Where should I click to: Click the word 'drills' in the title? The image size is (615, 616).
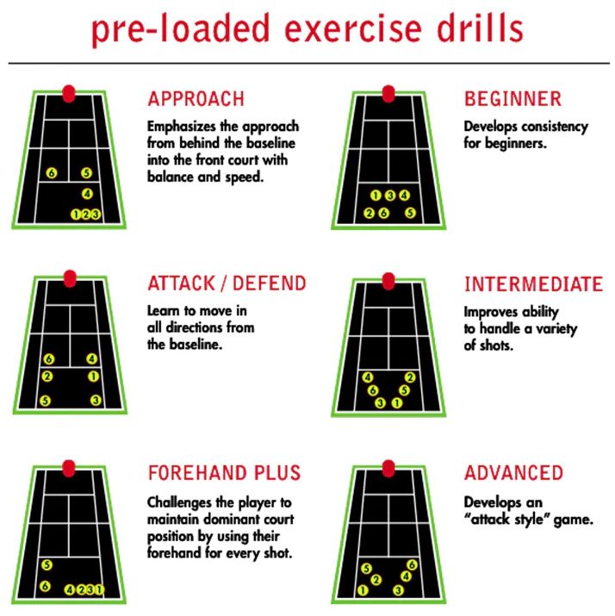[480, 28]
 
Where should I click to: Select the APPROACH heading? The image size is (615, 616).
[196, 98]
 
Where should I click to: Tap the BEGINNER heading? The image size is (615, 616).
[512, 98]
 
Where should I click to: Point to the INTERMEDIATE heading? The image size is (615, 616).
[533, 284]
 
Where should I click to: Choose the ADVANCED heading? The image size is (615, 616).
[513, 473]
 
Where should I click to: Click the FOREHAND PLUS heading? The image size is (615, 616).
[224, 473]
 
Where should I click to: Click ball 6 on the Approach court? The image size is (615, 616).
[52, 173]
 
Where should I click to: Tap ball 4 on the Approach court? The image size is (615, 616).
[87, 194]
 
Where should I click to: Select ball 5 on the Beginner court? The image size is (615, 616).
[410, 213]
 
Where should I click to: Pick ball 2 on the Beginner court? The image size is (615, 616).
[369, 213]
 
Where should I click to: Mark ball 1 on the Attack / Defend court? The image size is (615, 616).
[93, 376]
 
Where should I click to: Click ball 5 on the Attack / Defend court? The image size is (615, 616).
[45, 401]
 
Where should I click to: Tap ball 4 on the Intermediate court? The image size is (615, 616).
[368, 377]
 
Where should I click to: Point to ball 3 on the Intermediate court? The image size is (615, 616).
[380, 402]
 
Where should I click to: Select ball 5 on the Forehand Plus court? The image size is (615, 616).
[47, 565]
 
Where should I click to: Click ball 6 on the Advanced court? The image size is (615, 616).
[412, 565]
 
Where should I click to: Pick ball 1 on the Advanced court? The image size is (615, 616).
[363, 590]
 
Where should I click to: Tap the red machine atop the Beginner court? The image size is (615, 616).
[388, 94]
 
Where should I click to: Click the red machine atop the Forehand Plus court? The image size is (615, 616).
[69, 469]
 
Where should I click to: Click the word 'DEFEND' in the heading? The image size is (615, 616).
[269, 283]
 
